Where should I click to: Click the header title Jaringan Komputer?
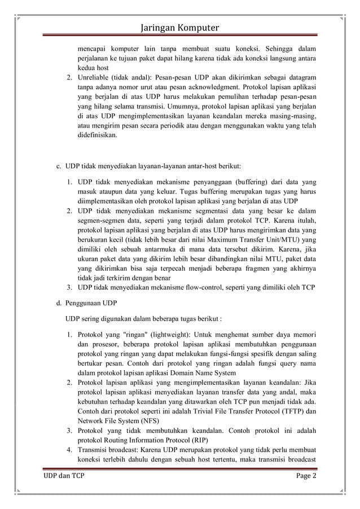click(x=180, y=28)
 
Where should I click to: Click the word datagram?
click(x=299, y=77)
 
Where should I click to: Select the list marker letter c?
click(x=58, y=166)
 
